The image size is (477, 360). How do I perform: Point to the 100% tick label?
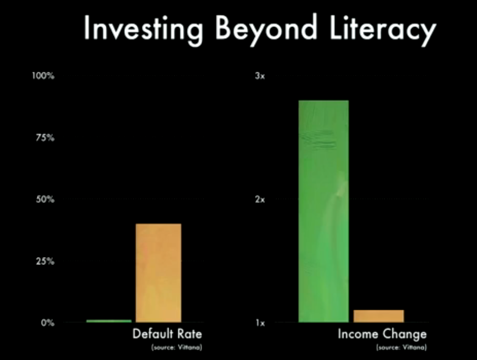pos(43,76)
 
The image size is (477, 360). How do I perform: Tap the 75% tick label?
pos(45,138)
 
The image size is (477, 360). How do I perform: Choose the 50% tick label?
pos(45,199)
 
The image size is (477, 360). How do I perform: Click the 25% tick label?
pos(45,261)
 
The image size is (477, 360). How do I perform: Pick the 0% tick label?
pos(48,322)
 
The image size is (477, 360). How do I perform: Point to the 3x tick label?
pos(260,76)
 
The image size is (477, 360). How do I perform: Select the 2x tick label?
pos(260,199)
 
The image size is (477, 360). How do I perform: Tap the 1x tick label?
pos(260,322)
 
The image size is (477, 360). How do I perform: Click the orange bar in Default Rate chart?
pos(159,273)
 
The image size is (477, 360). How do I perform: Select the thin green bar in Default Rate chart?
pos(109,321)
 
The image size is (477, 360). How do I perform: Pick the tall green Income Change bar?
pos(324,211)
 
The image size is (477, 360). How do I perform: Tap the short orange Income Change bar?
pos(379,316)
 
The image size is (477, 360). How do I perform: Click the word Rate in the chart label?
pos(190,334)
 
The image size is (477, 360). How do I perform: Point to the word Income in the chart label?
pos(358,334)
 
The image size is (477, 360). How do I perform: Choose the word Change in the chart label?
pos(405,334)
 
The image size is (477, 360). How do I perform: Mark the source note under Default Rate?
pos(177,347)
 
